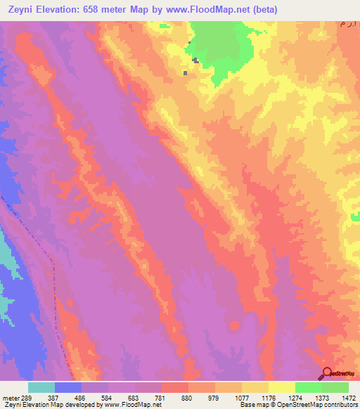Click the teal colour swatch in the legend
[x=41, y=387]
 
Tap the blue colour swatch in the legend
[x=68, y=387]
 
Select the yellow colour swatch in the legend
[x=282, y=387]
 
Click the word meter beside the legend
[x=8, y=397]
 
